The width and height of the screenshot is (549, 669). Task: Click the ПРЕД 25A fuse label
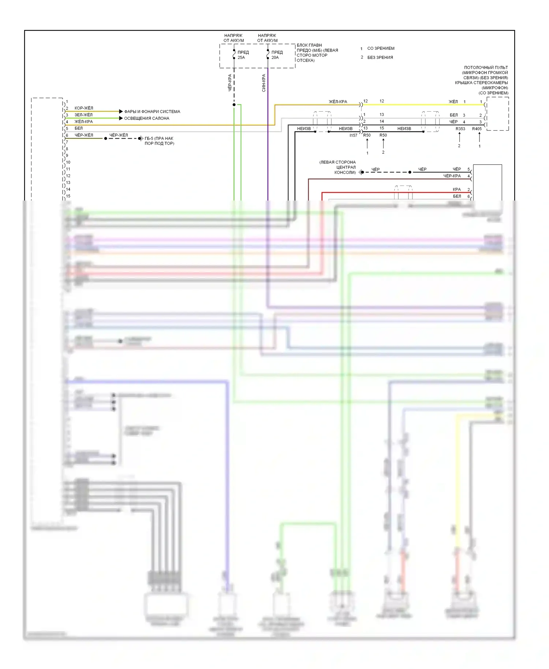pyautogui.click(x=243, y=55)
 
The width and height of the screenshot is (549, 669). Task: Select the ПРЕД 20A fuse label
pyautogui.click(x=277, y=55)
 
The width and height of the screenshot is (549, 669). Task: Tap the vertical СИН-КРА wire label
pyautogui.click(x=264, y=83)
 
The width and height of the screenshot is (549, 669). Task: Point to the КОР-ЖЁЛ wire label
pyautogui.click(x=84, y=108)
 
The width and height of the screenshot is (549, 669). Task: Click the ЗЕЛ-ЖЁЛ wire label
pyautogui.click(x=83, y=115)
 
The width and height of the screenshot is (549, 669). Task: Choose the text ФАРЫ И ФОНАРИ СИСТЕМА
pyautogui.click(x=152, y=112)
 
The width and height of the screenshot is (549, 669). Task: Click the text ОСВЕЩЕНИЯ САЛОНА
pyautogui.click(x=147, y=118)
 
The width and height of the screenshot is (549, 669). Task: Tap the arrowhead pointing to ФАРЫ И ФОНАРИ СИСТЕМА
pyautogui.click(x=121, y=111)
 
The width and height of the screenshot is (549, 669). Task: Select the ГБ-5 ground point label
pyautogui.click(x=159, y=141)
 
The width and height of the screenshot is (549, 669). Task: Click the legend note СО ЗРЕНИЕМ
pyautogui.click(x=381, y=48)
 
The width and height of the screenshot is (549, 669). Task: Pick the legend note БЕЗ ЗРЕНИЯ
pyautogui.click(x=380, y=57)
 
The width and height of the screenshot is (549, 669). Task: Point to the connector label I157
pyautogui.click(x=353, y=135)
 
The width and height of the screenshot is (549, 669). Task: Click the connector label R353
pyautogui.click(x=460, y=129)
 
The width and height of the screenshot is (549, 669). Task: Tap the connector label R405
pyautogui.click(x=477, y=129)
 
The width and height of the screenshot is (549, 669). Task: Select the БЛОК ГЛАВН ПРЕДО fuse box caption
pyautogui.click(x=317, y=53)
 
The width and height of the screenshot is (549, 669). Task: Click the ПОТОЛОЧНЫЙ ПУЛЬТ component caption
pyautogui.click(x=482, y=80)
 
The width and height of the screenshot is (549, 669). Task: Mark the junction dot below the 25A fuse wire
pyautogui.click(x=234, y=105)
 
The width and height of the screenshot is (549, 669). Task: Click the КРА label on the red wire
pyautogui.click(x=457, y=190)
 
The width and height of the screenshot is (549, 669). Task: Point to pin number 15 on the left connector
pyautogui.click(x=68, y=196)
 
